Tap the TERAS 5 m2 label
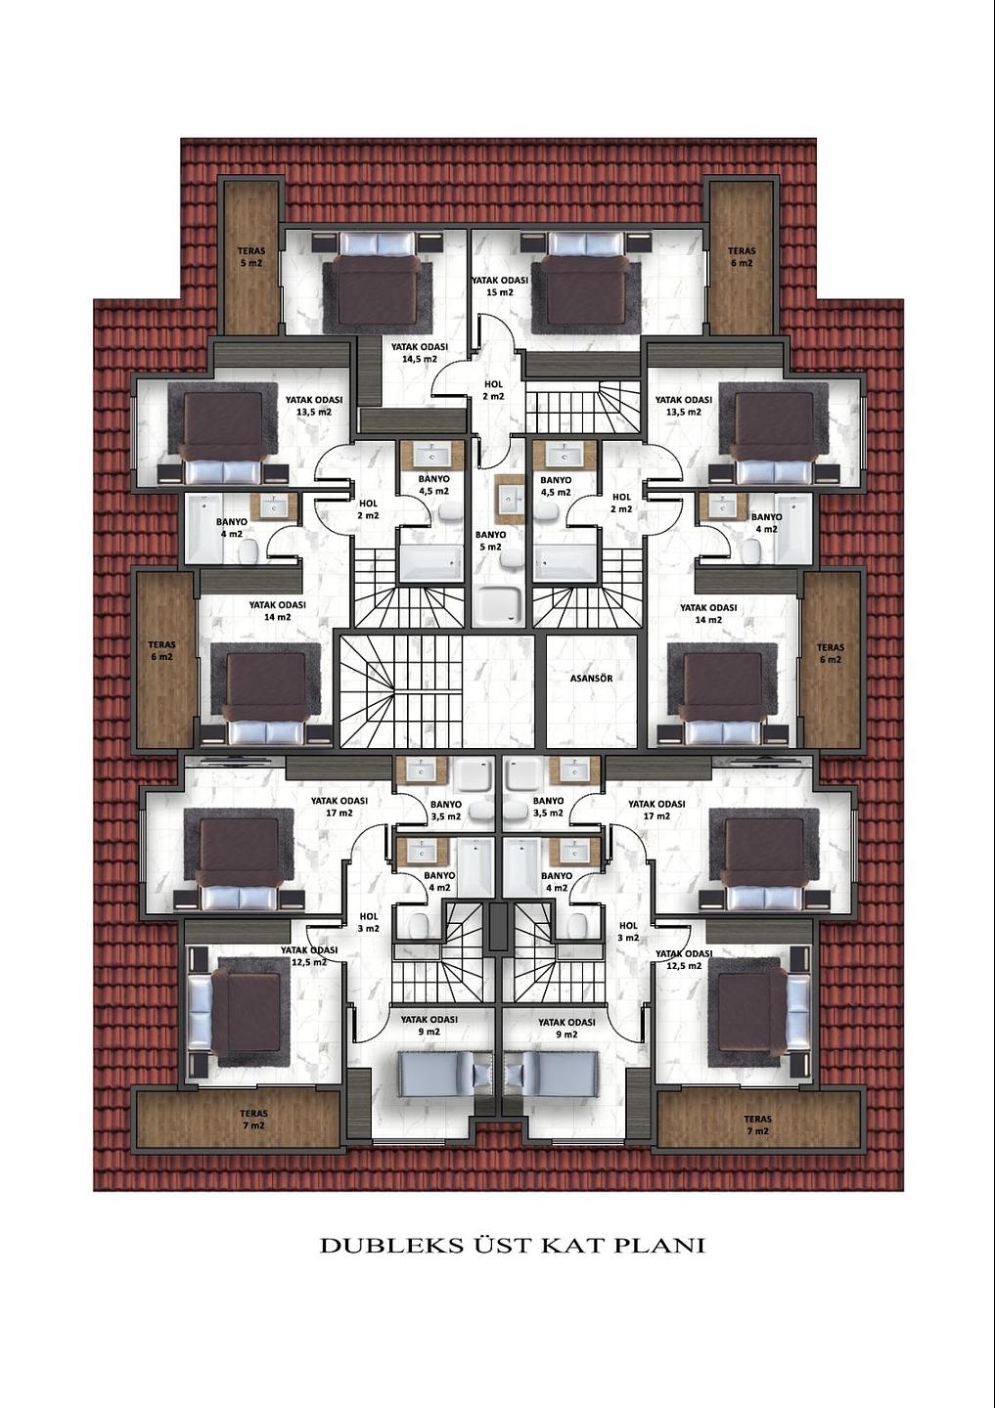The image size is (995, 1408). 251,256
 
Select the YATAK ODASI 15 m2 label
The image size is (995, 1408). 499,286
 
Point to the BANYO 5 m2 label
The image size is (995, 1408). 491,541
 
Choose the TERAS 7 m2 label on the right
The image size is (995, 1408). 758,1125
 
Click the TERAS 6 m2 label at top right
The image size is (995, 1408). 743,256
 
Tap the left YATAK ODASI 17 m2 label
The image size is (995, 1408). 339,807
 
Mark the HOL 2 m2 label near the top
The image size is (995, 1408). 494,390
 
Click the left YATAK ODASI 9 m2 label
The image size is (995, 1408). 429,1027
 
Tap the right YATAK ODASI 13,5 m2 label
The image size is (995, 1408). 684,406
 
